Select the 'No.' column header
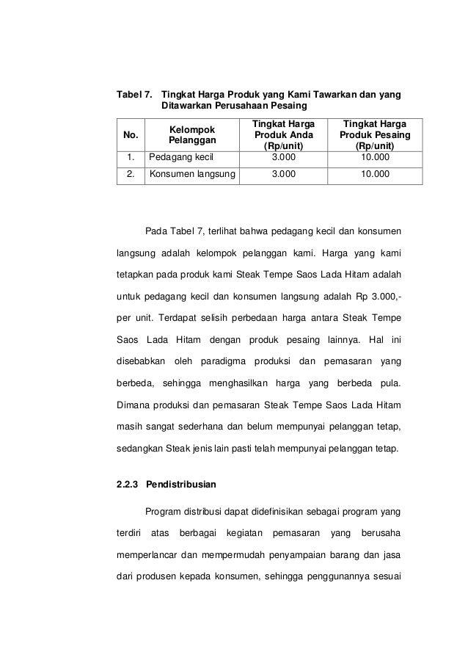coord(131,135)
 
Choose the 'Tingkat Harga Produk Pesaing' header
coord(375,134)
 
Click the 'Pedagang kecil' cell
coord(177,157)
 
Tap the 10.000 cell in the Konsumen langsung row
coord(375,175)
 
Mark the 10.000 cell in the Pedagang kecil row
coord(375,157)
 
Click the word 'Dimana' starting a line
coord(134,405)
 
